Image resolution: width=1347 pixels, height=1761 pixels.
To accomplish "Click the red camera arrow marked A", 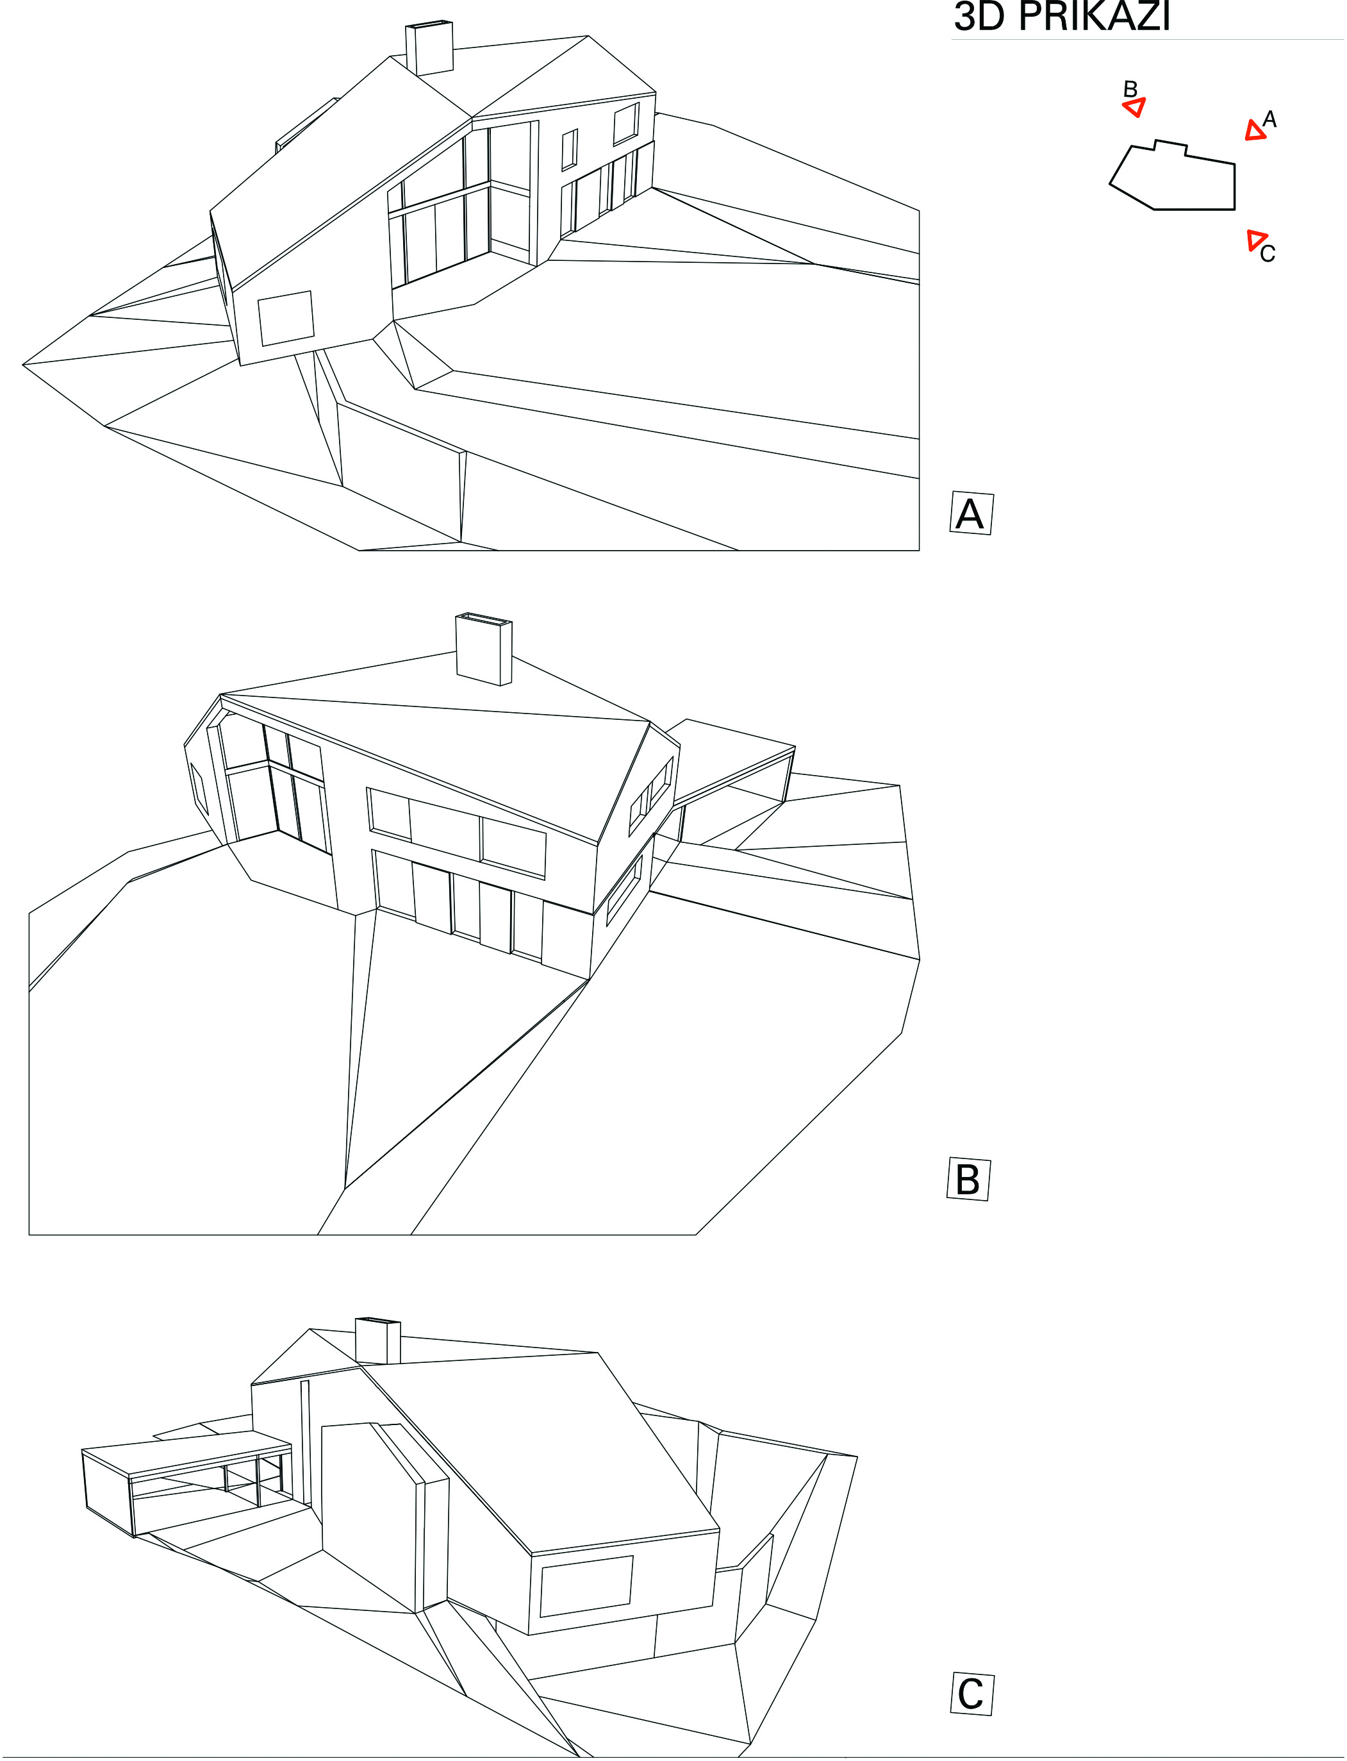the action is tap(1255, 131).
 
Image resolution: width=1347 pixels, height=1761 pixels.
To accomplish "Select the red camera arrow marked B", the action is tap(1134, 106).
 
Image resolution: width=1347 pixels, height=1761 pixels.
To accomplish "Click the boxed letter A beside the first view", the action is tap(970, 513).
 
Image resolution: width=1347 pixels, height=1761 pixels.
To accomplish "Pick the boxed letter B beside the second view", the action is tap(968, 1179).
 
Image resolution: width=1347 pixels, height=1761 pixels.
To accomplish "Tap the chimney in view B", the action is tap(483, 649).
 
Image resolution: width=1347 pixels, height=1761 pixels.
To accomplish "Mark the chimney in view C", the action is tap(377, 1341).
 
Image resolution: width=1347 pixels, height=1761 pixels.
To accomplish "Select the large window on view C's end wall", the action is tap(586, 1586).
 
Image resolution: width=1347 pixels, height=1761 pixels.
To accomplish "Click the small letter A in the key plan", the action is tap(1269, 119).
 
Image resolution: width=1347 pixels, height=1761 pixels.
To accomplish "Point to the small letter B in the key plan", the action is tap(1130, 89).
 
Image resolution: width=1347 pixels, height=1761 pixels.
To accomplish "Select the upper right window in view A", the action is tap(626, 124).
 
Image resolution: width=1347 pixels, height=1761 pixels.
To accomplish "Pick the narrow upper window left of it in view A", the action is tap(569, 150).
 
